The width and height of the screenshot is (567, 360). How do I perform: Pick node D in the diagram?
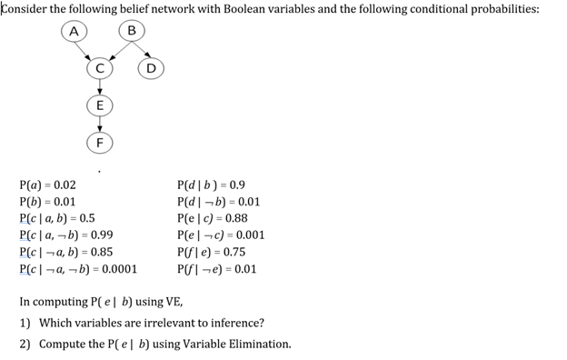[151, 66]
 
